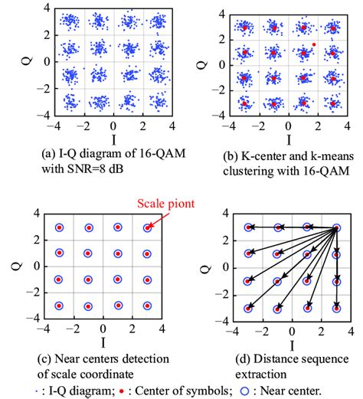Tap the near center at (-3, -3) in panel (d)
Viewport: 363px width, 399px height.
[x=248, y=309]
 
